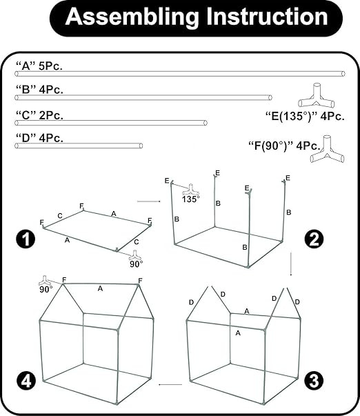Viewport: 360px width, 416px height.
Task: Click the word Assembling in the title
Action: click(132, 17)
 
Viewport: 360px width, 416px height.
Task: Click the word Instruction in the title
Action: click(267, 17)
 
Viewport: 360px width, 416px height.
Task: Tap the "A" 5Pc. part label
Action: click(39, 66)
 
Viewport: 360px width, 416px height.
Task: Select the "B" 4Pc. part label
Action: click(39, 90)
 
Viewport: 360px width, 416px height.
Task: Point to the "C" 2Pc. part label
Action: click(39, 115)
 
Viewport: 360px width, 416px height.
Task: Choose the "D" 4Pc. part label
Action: click(39, 138)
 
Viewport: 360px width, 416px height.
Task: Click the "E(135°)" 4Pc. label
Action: click(305, 116)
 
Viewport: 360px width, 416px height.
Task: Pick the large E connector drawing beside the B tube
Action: click(317, 95)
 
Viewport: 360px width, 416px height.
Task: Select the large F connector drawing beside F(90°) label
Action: click(328, 149)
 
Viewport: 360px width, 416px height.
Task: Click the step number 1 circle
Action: click(26, 239)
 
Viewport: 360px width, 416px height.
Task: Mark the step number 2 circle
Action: click(314, 239)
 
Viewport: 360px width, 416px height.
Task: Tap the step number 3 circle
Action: click(314, 380)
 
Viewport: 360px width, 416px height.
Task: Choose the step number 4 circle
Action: click(26, 381)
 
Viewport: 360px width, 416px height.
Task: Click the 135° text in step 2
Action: click(191, 199)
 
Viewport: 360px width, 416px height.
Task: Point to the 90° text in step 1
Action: click(137, 264)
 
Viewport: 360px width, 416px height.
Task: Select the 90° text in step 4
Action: click(46, 290)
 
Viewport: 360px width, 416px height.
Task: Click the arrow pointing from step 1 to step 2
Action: click(149, 201)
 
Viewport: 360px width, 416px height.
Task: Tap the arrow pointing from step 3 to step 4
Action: click(170, 384)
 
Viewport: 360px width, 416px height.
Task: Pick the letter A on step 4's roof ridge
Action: click(100, 288)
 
